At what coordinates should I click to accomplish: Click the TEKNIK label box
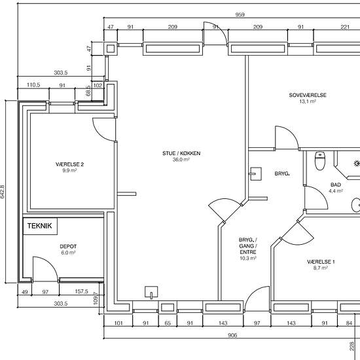click(40, 226)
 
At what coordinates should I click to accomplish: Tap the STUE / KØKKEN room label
click(181, 153)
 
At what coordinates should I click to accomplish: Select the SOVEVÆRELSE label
click(308, 95)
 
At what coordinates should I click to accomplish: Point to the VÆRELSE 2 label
click(69, 164)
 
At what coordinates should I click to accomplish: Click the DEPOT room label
click(68, 247)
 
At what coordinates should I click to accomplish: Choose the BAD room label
click(336, 185)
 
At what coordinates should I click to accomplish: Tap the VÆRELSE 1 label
click(321, 262)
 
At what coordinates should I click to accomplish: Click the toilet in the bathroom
click(320, 160)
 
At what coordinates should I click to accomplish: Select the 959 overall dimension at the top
click(240, 15)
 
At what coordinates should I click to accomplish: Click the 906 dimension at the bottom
click(232, 335)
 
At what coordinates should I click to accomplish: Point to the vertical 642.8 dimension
click(3, 192)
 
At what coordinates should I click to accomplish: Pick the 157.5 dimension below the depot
click(82, 291)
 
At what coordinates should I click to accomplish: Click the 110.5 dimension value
click(33, 85)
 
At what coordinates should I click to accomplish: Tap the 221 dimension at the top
click(345, 27)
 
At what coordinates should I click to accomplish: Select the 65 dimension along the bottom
click(168, 323)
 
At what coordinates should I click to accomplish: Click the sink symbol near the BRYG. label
click(255, 174)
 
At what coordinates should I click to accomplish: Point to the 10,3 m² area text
click(248, 258)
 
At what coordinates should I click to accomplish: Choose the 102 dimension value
click(98, 85)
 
